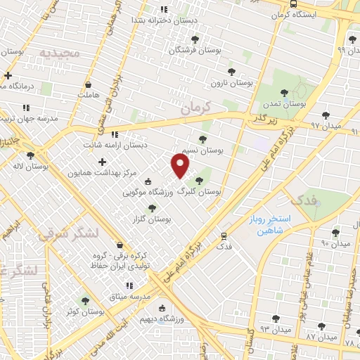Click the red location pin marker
181,166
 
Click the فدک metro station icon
224,236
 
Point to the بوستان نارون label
232,82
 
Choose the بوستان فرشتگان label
194,51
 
